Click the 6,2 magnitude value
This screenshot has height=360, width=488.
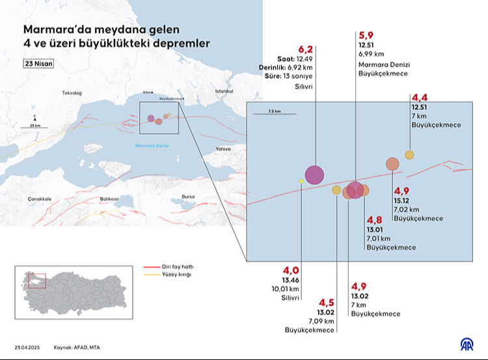[x=305, y=49]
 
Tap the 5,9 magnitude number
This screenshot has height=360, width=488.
[x=366, y=35]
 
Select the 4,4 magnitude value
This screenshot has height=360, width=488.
[x=419, y=98]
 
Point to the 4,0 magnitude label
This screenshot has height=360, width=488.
[x=290, y=270]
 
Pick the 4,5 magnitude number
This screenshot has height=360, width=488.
[x=326, y=302]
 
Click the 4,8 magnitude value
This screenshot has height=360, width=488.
[x=375, y=220]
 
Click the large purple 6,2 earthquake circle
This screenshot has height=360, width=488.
[x=314, y=174]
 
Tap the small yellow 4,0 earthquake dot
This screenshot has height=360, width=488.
[x=301, y=180]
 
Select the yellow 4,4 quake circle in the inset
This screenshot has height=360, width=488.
[x=409, y=155]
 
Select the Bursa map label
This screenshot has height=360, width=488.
[x=188, y=196]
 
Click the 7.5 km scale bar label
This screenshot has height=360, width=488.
[x=273, y=111]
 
